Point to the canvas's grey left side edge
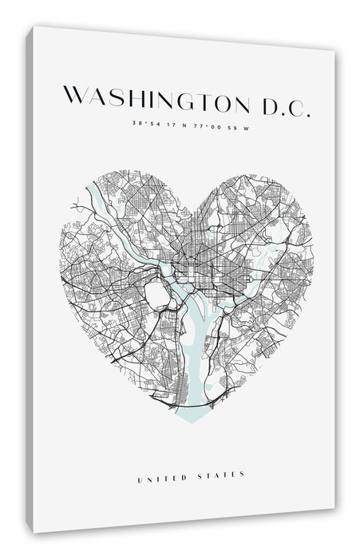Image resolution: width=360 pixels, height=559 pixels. (x=30, y=279)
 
